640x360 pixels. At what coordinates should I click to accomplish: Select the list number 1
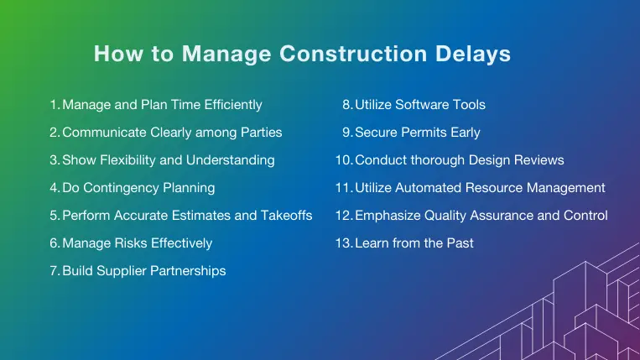(54, 105)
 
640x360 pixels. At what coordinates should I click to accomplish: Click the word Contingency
(118, 187)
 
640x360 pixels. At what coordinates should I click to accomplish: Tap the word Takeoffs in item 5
(287, 216)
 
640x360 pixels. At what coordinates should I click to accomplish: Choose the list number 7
(55, 271)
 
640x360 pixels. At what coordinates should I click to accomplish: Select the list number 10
(343, 159)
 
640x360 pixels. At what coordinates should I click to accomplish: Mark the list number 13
(343, 243)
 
